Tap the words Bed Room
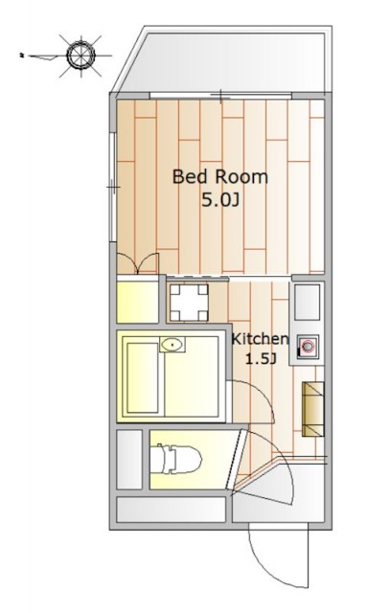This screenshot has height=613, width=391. click(x=220, y=176)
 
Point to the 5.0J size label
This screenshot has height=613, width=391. click(x=220, y=200)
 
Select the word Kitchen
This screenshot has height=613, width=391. click(x=260, y=338)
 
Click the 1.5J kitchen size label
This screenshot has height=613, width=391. click(x=261, y=358)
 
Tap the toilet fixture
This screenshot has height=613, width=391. click(x=176, y=459)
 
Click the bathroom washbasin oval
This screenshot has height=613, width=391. click(x=172, y=345)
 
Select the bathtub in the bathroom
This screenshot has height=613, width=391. click(x=143, y=378)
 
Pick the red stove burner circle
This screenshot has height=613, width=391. click(x=308, y=346)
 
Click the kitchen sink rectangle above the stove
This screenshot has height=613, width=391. click(x=307, y=303)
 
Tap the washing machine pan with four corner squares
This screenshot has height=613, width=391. click(x=189, y=303)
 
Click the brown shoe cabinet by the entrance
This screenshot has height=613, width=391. click(x=312, y=409)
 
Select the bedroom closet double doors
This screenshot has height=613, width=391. click(x=138, y=264)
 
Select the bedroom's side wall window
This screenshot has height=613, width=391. click(x=113, y=188)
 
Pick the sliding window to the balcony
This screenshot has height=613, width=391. click(x=221, y=96)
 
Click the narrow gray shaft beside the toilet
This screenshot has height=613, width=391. click(x=129, y=460)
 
